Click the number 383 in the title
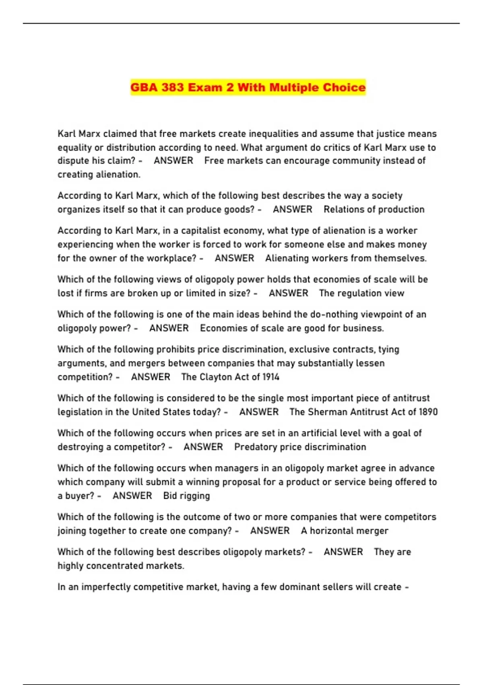(x=173, y=87)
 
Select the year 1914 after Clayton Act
(x=271, y=377)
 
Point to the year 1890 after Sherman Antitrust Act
(x=428, y=412)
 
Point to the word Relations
(x=343, y=210)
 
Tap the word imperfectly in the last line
(x=106, y=587)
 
